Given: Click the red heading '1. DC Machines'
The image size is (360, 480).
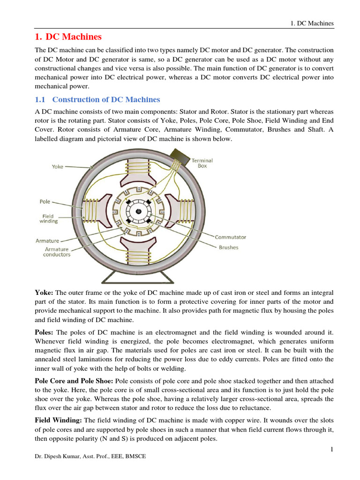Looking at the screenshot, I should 68,37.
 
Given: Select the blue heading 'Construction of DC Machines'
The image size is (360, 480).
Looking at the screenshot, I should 106,99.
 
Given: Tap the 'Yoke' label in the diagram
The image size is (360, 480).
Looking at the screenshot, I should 58,166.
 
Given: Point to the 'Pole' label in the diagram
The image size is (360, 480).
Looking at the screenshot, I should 45,202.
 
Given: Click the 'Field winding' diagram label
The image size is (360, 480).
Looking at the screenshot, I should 49,218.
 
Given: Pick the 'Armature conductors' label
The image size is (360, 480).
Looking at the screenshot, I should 58,252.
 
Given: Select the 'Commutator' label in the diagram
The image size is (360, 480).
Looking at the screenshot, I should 230,237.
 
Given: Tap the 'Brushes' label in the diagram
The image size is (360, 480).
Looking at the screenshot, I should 228,247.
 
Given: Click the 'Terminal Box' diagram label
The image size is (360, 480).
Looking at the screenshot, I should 202,163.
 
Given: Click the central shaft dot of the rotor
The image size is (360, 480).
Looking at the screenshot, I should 138,211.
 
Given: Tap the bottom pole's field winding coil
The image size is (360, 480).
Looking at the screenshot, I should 139,257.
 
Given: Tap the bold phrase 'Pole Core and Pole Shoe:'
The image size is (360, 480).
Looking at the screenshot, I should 75,381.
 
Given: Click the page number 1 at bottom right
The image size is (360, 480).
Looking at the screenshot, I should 331,450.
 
